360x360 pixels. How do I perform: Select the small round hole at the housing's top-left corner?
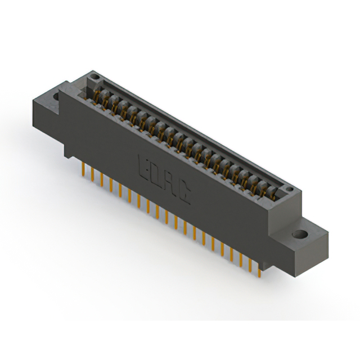[95, 76]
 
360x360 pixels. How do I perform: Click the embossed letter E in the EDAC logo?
[143, 165]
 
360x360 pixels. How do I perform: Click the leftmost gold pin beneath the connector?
[84, 168]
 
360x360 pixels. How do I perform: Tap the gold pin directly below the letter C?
[186, 228]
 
